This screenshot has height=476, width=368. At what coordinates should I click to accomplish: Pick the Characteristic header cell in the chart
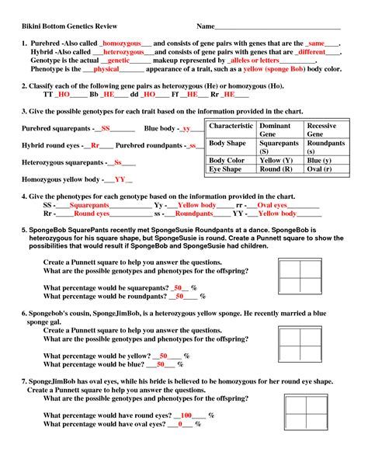coord(231,126)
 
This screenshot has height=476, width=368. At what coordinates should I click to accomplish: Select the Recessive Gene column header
coord(321,130)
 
